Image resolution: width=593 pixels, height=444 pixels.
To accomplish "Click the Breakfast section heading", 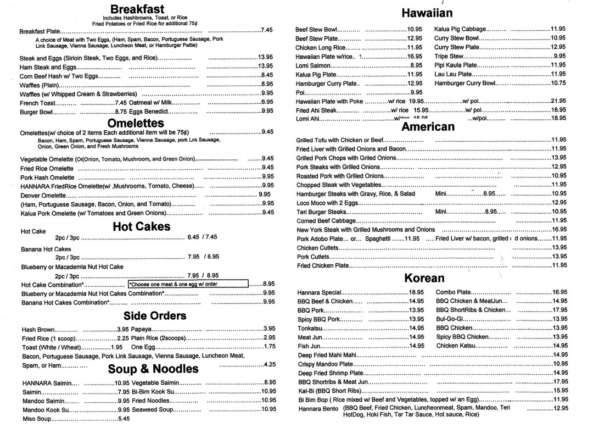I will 137,9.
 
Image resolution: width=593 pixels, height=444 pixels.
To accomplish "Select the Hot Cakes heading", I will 141,226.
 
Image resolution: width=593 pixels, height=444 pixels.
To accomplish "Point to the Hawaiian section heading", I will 427,13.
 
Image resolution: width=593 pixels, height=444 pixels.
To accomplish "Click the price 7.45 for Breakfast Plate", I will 267,30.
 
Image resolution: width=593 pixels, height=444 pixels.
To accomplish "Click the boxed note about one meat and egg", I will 187,284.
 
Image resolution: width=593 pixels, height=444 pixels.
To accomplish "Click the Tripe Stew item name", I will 449,56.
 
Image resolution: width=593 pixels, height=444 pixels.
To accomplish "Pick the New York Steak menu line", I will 365,230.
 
